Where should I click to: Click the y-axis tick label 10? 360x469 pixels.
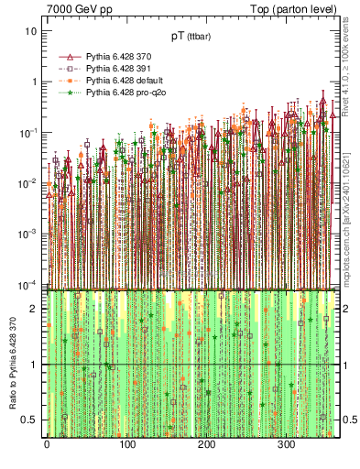pos(31,30)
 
